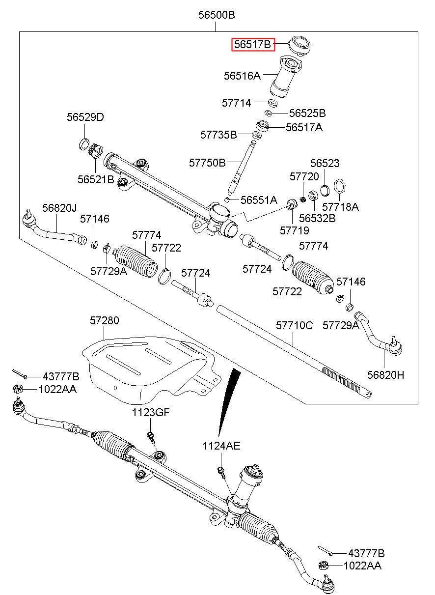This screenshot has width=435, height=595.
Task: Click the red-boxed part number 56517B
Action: pos(253,45)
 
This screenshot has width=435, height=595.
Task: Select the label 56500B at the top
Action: pos(217,15)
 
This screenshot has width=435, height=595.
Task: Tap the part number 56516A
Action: pos(242,76)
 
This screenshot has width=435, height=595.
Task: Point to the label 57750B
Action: pos(207,162)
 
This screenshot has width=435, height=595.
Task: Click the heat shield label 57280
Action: pos(104,321)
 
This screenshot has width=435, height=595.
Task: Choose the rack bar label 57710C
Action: pos(294,325)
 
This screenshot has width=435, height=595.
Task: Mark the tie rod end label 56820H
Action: pos(386,375)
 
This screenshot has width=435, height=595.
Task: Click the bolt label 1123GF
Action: pos(150,413)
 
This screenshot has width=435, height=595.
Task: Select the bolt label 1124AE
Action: pos(221,446)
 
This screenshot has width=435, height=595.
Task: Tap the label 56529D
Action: pos(85,117)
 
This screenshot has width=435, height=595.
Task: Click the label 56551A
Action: pos(259,200)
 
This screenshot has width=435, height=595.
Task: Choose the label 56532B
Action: pos(317,218)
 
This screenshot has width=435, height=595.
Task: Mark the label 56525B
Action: pos(307,113)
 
